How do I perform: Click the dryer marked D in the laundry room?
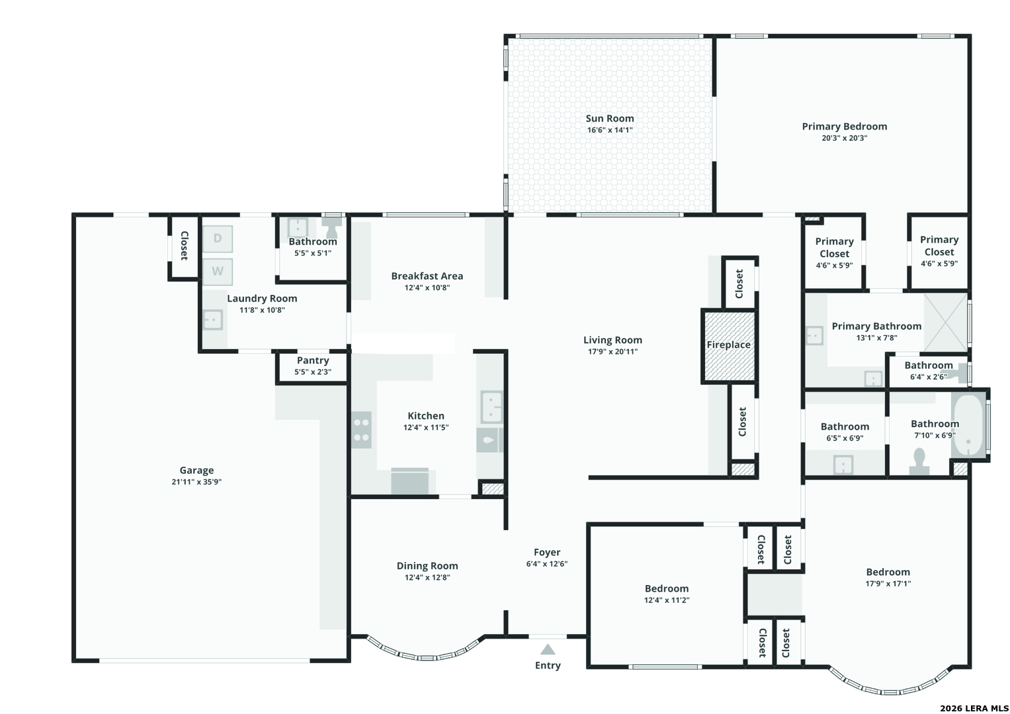click(218, 239)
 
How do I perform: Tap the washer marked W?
click(218, 271)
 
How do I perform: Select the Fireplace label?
click(729, 345)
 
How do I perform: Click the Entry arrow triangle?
click(548, 649)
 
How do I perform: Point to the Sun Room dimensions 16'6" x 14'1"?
click(610, 130)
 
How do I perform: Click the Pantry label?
click(313, 360)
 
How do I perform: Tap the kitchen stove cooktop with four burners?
click(361, 430)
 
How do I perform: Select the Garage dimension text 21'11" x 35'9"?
click(196, 482)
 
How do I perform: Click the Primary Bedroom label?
click(845, 127)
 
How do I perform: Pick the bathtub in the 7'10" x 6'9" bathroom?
click(968, 426)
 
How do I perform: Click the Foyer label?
click(547, 552)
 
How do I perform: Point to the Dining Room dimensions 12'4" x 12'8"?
click(427, 577)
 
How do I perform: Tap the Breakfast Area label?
click(427, 276)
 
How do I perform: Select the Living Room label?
click(612, 340)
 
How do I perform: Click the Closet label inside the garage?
click(184, 246)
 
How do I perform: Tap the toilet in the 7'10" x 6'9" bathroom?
click(919, 461)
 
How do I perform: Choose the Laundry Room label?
click(262, 298)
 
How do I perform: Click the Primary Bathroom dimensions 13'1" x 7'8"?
click(876, 338)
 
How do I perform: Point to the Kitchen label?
click(426, 416)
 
